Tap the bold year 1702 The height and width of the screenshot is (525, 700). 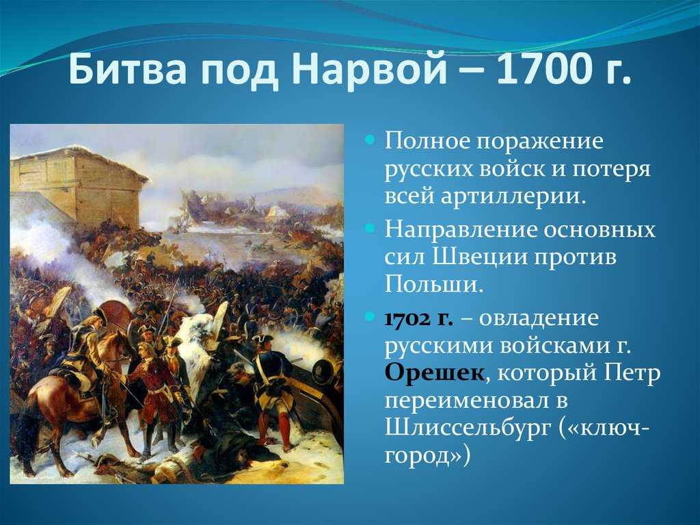[405, 319]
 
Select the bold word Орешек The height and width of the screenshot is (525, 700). [434, 372]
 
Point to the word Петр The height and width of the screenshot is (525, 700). [632, 372]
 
